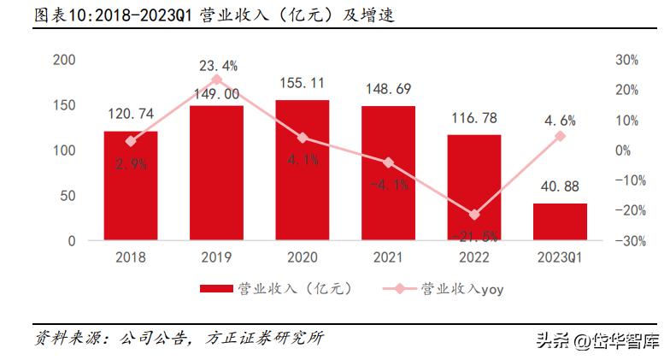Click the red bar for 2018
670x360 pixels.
click(x=130, y=186)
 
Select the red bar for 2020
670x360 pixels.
click(x=302, y=170)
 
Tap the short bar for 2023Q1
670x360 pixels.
click(x=560, y=222)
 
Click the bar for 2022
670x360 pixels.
click(x=473, y=188)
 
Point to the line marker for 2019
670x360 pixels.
click(x=216, y=80)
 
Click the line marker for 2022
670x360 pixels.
click(x=474, y=215)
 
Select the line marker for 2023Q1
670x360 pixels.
click(x=560, y=136)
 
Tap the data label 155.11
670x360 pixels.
click(x=302, y=84)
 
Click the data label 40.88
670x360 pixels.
click(x=560, y=187)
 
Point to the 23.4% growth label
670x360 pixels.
click(x=219, y=64)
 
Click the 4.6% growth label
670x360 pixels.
click(x=560, y=120)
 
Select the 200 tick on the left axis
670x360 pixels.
click(x=64, y=60)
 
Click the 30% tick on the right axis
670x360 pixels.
click(x=626, y=60)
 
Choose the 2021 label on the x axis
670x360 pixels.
click(x=388, y=257)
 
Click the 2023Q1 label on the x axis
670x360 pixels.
click(x=560, y=257)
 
